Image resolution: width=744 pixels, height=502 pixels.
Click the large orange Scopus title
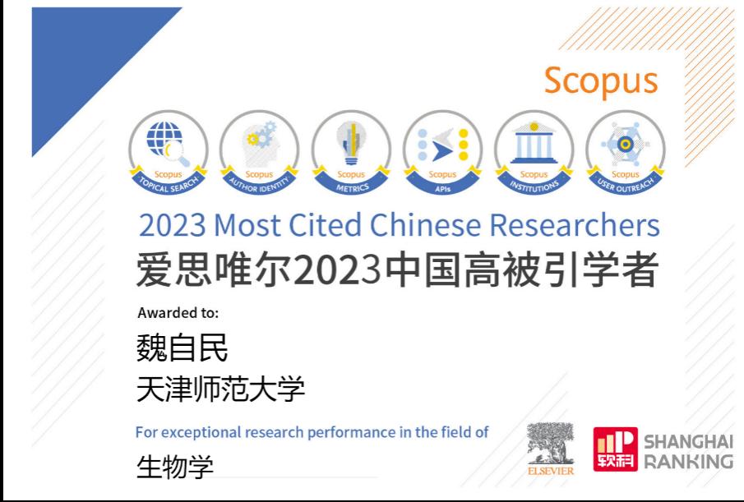click(601, 81)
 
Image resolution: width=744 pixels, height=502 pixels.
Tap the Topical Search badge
click(169, 153)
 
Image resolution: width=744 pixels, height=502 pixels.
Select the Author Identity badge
click(260, 153)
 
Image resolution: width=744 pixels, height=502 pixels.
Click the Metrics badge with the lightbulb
click(352, 153)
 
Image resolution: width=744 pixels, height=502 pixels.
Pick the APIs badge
click(442, 153)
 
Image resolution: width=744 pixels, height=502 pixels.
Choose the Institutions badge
click(534, 153)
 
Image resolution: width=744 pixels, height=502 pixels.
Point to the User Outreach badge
click(626, 153)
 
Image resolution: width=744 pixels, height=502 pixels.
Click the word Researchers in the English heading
click(574, 224)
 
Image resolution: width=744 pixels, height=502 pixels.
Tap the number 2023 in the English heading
click(173, 225)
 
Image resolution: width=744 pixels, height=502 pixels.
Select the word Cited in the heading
click(325, 224)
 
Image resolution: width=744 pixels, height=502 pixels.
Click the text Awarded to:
click(178, 313)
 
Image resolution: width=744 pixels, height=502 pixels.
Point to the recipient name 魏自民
click(182, 348)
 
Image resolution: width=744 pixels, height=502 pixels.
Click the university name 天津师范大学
click(220, 389)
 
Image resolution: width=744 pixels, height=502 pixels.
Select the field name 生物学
click(174, 467)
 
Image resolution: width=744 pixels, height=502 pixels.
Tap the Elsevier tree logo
click(551, 449)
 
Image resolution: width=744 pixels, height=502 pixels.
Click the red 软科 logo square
click(615, 449)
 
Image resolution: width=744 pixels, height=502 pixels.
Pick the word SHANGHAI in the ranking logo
click(688, 442)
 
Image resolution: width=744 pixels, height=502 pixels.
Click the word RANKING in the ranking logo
click(688, 461)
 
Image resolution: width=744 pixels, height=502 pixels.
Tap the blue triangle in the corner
click(81, 57)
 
